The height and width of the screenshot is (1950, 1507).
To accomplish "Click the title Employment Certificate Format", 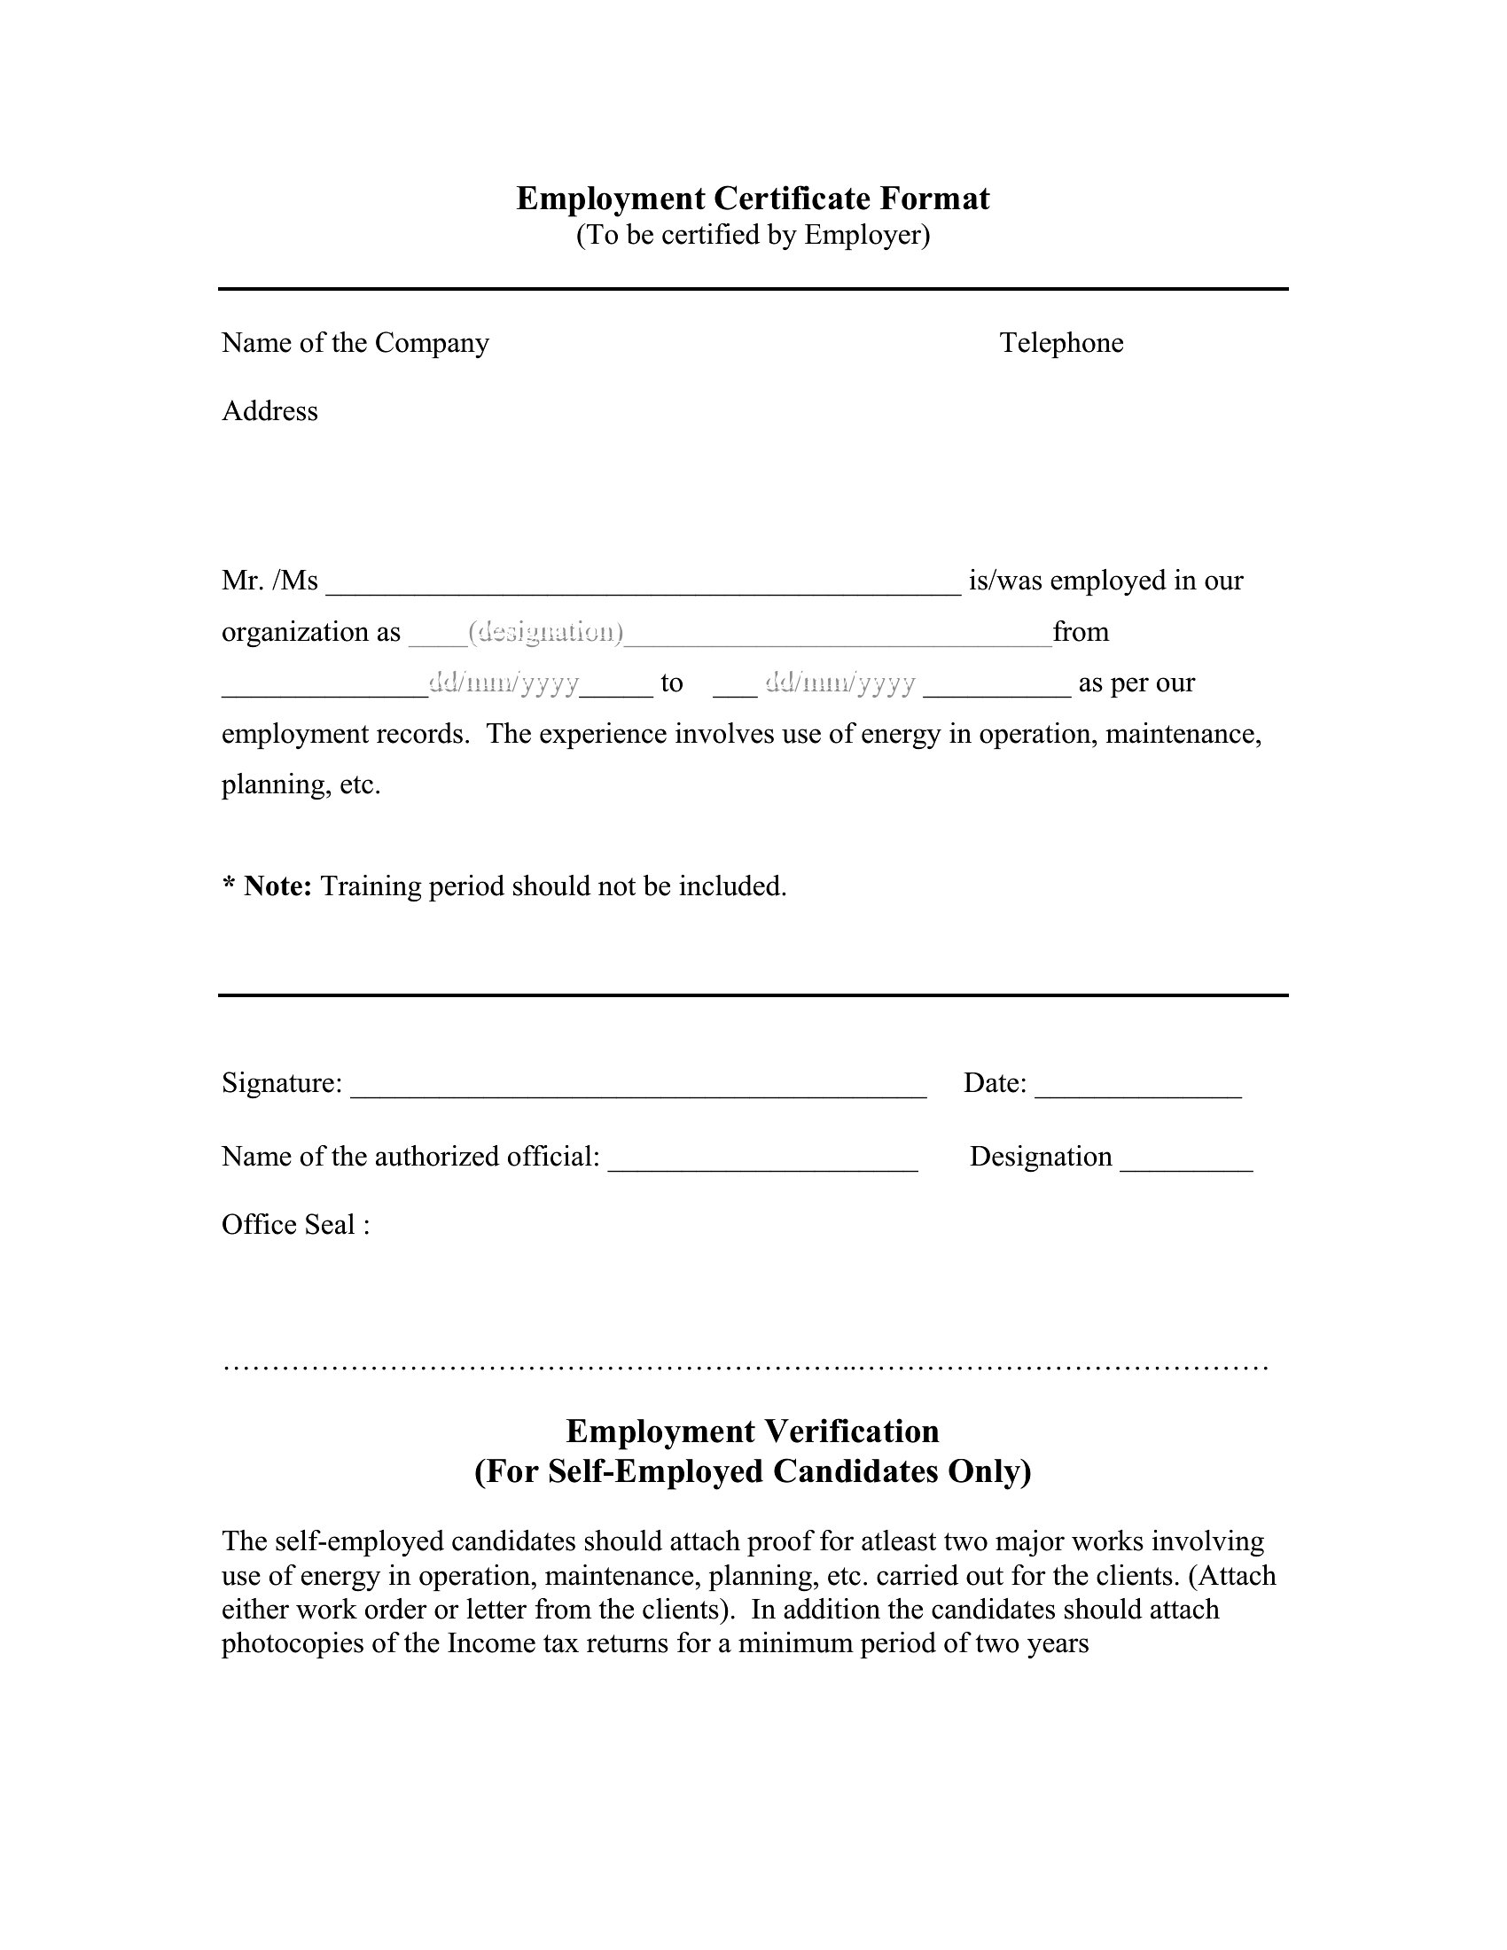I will click(753, 199).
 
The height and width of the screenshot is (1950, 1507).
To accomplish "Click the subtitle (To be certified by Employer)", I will click(753, 235).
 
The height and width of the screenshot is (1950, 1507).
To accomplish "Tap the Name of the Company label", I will click(355, 343).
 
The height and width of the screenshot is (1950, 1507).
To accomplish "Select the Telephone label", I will click(1061, 343).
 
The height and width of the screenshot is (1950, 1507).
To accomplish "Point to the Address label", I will click(269, 411).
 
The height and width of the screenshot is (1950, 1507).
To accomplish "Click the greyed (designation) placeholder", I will click(545, 632).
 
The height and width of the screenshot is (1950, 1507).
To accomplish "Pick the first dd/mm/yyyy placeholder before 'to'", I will click(504, 683).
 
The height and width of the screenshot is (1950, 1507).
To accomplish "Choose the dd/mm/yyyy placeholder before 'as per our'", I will click(840, 683).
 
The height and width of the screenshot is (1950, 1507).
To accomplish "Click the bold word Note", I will click(277, 885).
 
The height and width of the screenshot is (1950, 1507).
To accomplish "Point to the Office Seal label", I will click(295, 1224).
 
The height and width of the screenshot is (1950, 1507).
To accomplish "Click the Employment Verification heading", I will click(753, 1431).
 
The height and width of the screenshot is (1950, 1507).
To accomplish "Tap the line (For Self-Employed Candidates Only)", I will click(753, 1470).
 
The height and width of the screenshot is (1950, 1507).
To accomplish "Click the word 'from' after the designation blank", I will click(1081, 632).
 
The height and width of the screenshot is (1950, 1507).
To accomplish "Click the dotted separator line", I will click(746, 1367).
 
